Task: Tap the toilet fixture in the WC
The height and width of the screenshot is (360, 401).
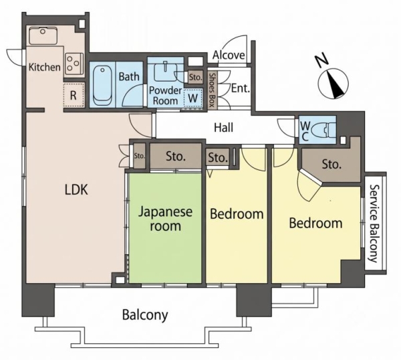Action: tap(327, 129)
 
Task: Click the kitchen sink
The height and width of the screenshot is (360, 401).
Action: tap(43, 36)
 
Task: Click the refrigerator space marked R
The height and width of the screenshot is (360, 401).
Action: tap(74, 95)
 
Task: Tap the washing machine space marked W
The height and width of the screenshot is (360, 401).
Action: tap(193, 98)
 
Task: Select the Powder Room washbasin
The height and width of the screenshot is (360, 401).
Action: tap(166, 72)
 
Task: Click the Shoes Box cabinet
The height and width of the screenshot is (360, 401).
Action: tap(212, 90)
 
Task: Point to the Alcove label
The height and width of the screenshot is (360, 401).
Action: tap(229, 55)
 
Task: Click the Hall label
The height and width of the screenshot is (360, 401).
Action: tap(223, 127)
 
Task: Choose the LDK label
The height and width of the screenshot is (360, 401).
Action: tap(76, 190)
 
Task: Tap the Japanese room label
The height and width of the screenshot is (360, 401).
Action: tap(165, 219)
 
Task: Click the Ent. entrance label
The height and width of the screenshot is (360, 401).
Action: tap(241, 88)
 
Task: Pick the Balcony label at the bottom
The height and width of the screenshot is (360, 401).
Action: tap(145, 314)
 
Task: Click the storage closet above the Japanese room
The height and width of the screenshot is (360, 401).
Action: tap(175, 156)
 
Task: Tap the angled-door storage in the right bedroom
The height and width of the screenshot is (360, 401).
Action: tap(331, 163)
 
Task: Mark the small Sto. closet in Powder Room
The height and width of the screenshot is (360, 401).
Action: tap(196, 77)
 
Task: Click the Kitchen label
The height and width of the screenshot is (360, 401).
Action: tap(45, 67)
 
